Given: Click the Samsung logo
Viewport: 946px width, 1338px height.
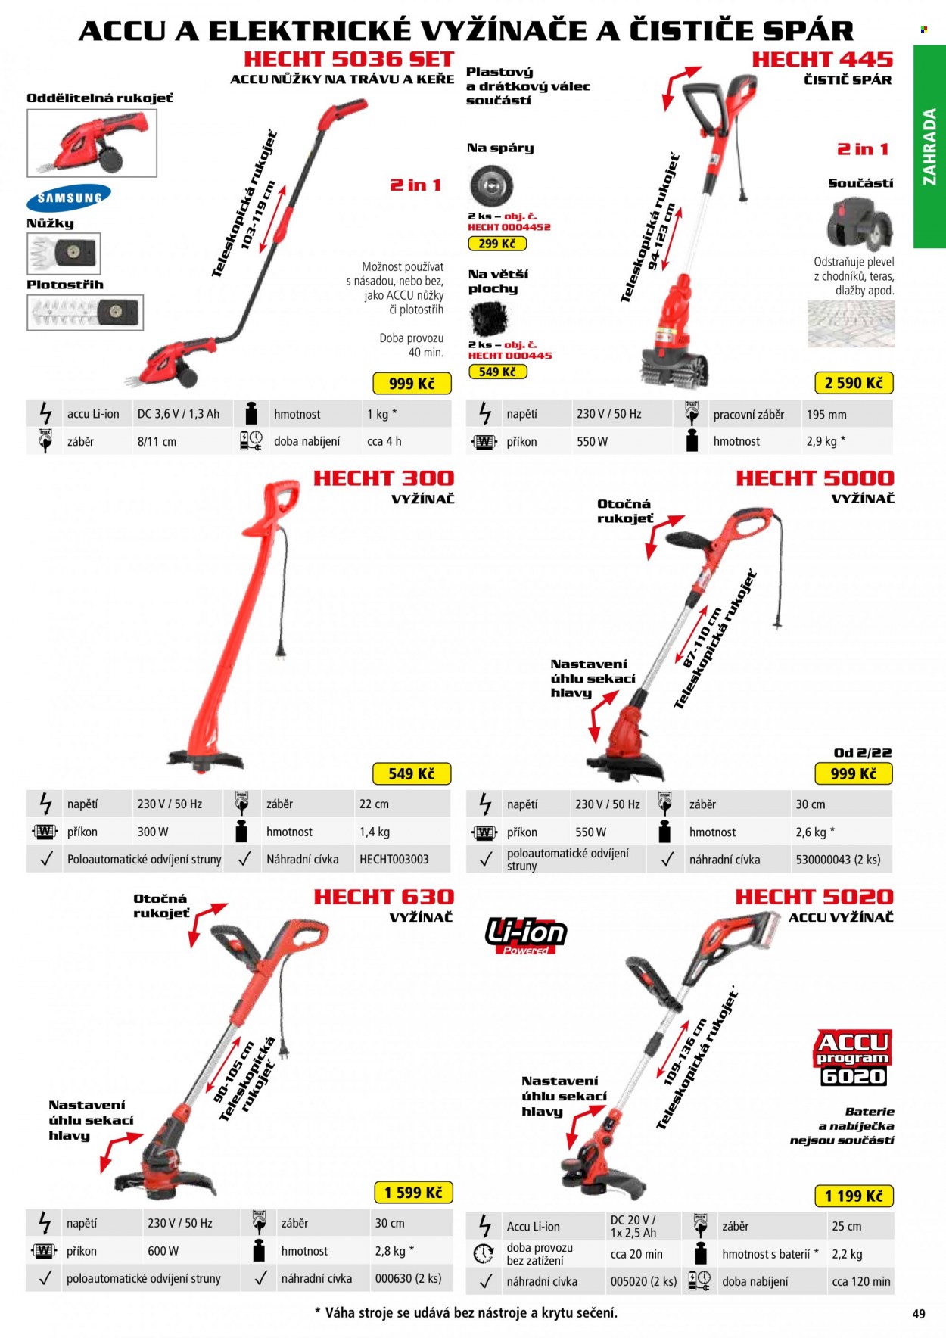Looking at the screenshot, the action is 69,198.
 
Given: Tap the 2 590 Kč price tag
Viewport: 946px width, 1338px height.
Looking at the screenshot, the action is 854,383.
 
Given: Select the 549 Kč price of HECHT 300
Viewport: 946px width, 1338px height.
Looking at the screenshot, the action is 411,773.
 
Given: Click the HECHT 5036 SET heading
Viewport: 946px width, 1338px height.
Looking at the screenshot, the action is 348,58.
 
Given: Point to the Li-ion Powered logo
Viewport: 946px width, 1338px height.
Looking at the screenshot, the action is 526,935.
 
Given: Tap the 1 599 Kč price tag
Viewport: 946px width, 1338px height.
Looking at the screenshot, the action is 413,1193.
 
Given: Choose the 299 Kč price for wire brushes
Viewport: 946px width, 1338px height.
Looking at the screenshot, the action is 497,244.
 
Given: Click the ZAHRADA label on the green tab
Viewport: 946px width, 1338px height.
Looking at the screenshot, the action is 929,147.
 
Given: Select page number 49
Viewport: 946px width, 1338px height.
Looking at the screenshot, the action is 919,1314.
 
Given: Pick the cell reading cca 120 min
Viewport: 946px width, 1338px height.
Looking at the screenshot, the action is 861,1282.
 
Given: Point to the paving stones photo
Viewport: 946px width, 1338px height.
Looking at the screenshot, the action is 851,324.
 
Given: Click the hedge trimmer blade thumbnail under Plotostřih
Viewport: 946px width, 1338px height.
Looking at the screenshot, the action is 85,312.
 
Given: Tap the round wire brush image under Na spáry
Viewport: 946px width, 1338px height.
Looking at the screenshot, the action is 490,185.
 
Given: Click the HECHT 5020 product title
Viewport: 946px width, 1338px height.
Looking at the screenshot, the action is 814,897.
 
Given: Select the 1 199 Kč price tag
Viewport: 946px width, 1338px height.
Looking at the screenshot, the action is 854,1196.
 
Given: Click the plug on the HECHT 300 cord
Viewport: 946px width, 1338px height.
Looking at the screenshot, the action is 282,649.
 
